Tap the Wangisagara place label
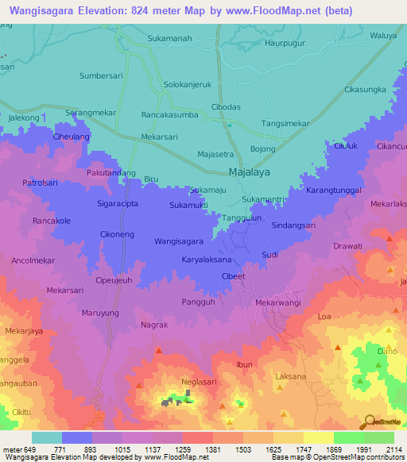pyautogui.click(x=179, y=241)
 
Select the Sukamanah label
pyautogui.click(x=172, y=37)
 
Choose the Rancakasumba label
pyautogui.click(x=169, y=114)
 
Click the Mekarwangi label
pyautogui.click(x=278, y=302)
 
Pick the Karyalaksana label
pyautogui.click(x=207, y=260)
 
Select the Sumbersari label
pyautogui.click(x=100, y=75)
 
